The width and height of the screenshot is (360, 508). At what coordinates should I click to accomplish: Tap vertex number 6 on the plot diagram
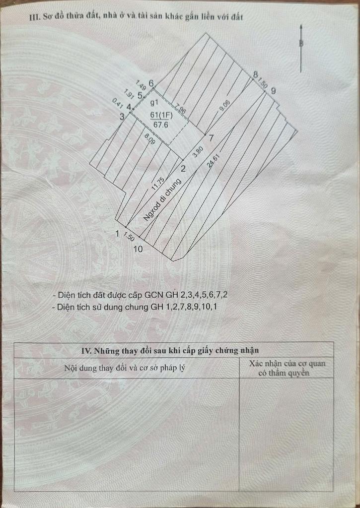(151, 83)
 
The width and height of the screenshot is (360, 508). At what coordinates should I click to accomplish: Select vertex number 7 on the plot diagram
(211, 137)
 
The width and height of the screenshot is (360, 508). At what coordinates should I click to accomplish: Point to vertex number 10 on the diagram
(138, 249)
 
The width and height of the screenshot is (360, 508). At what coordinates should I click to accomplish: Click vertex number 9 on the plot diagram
(273, 90)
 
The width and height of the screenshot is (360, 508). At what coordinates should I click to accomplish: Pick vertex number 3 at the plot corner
(122, 116)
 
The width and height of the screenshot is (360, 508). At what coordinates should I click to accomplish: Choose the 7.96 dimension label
(180, 109)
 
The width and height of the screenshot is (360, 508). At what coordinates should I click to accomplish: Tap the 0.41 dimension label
(118, 104)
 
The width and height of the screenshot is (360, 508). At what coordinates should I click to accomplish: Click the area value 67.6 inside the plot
(159, 125)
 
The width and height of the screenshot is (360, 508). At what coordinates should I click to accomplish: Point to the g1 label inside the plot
(154, 103)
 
